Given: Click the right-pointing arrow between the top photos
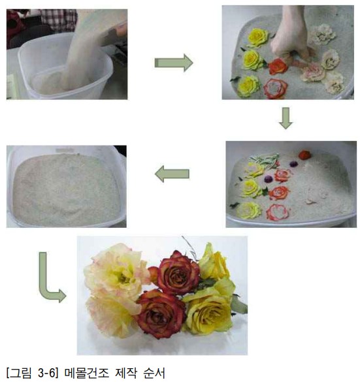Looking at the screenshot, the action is [174, 63].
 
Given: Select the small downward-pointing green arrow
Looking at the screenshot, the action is [286, 118].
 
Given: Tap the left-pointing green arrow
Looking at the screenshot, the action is [172, 174].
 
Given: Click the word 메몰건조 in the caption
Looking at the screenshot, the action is [87, 374].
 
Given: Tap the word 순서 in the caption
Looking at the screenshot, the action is [154, 374].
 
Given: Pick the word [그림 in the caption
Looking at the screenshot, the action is [19, 374].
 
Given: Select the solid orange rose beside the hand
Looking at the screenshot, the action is [278, 66].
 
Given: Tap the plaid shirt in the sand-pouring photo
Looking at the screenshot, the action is [59, 20].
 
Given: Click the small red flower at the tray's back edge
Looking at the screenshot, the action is [304, 155].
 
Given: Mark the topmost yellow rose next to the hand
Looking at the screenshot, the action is [258, 37].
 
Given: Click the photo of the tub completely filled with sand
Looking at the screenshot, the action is [66, 186].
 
